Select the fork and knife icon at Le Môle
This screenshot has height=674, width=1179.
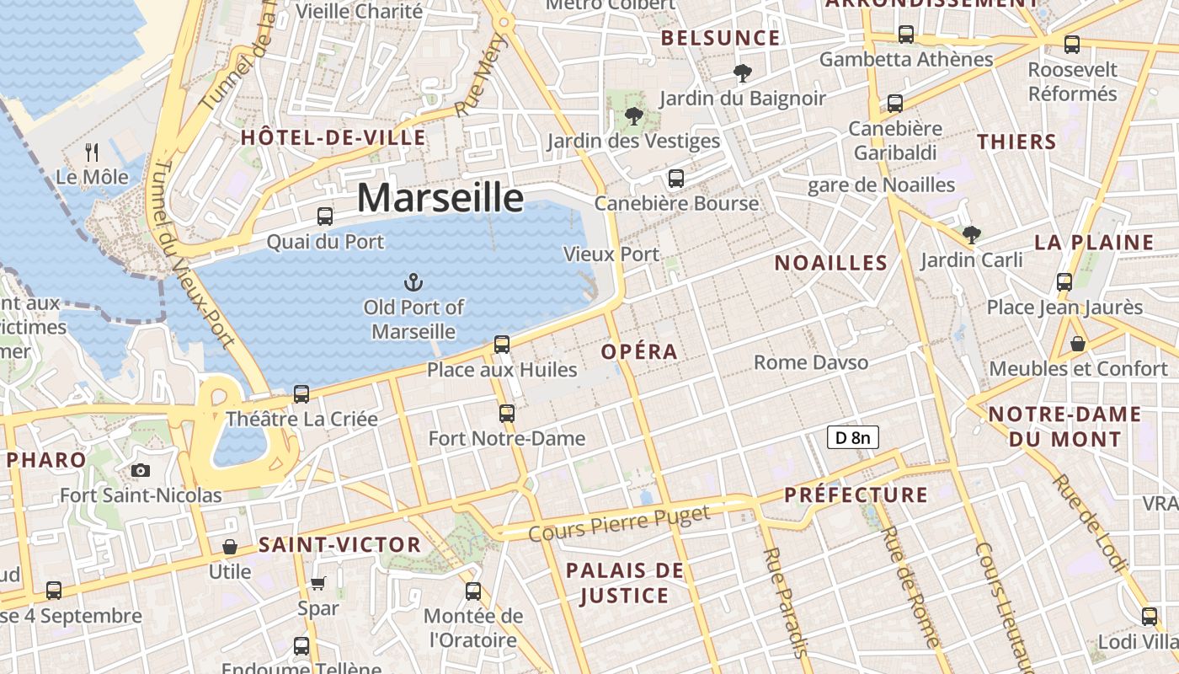click(x=93, y=152)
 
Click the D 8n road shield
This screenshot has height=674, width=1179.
click(x=853, y=437)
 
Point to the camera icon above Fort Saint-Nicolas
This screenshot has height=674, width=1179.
click(x=141, y=470)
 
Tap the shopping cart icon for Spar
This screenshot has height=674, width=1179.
click(x=318, y=583)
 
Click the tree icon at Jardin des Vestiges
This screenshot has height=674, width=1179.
click(x=634, y=116)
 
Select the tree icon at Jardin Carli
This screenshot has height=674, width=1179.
click(x=972, y=234)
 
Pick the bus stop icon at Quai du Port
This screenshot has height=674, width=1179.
click(x=325, y=217)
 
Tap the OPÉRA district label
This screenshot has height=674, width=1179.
click(x=640, y=352)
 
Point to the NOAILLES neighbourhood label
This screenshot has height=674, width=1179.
click(x=831, y=263)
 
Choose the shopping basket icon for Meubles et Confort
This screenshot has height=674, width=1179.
click(x=1078, y=344)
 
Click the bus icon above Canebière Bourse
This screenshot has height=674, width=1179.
click(x=676, y=179)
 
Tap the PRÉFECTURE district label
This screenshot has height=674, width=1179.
click(x=856, y=495)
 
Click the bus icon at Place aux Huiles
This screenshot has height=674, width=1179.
click(x=502, y=345)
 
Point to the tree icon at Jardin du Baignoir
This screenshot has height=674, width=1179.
click(x=742, y=74)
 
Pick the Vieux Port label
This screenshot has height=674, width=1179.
click(x=611, y=254)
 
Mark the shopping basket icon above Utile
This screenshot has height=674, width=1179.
click(x=229, y=548)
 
